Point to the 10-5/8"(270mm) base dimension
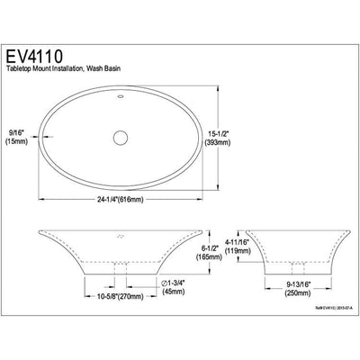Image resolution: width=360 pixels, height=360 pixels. click(119, 292)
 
